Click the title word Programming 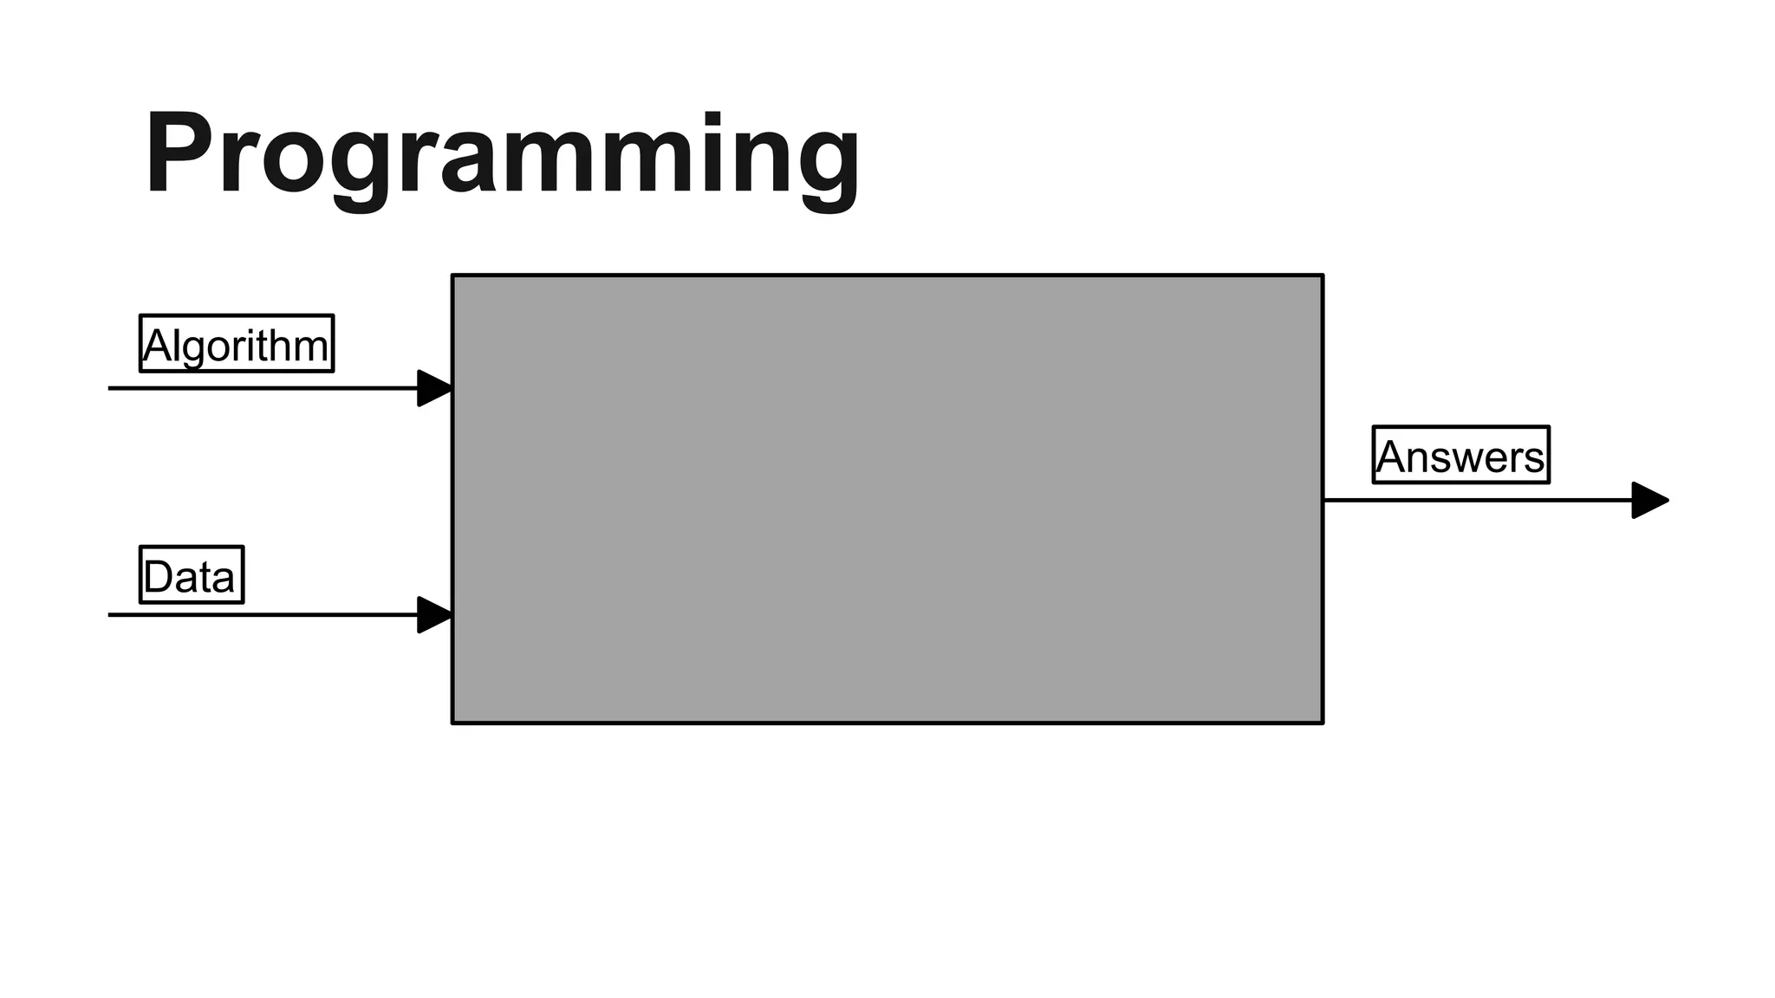[502, 156]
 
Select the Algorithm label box [237, 344]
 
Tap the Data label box [192, 574]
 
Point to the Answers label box [1461, 455]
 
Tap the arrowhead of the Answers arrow [1649, 500]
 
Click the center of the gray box [887, 499]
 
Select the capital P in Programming [180, 154]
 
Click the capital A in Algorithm [158, 346]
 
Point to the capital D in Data [158, 577]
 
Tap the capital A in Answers [1392, 457]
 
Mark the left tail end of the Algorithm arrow [110, 388]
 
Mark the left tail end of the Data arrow [110, 615]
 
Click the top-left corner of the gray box [452, 275]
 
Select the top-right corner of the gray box [1323, 275]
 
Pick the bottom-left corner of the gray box [452, 723]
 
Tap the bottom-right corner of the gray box [1323, 723]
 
